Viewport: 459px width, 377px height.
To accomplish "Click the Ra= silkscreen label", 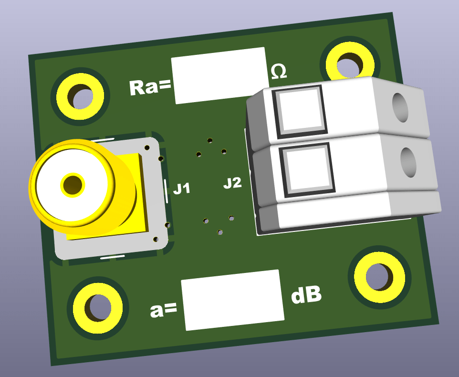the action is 150,87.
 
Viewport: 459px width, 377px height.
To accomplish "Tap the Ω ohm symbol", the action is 279,72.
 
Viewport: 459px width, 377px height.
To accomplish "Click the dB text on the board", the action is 306,295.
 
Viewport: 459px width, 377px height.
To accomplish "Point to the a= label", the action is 163,310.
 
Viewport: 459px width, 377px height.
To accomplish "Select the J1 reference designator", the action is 182,189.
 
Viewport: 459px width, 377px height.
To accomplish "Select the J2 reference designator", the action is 232,183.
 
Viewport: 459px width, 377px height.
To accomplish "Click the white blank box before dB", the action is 233,300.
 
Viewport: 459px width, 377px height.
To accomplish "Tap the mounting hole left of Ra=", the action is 80,96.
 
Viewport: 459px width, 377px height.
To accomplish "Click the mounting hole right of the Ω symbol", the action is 350,65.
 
